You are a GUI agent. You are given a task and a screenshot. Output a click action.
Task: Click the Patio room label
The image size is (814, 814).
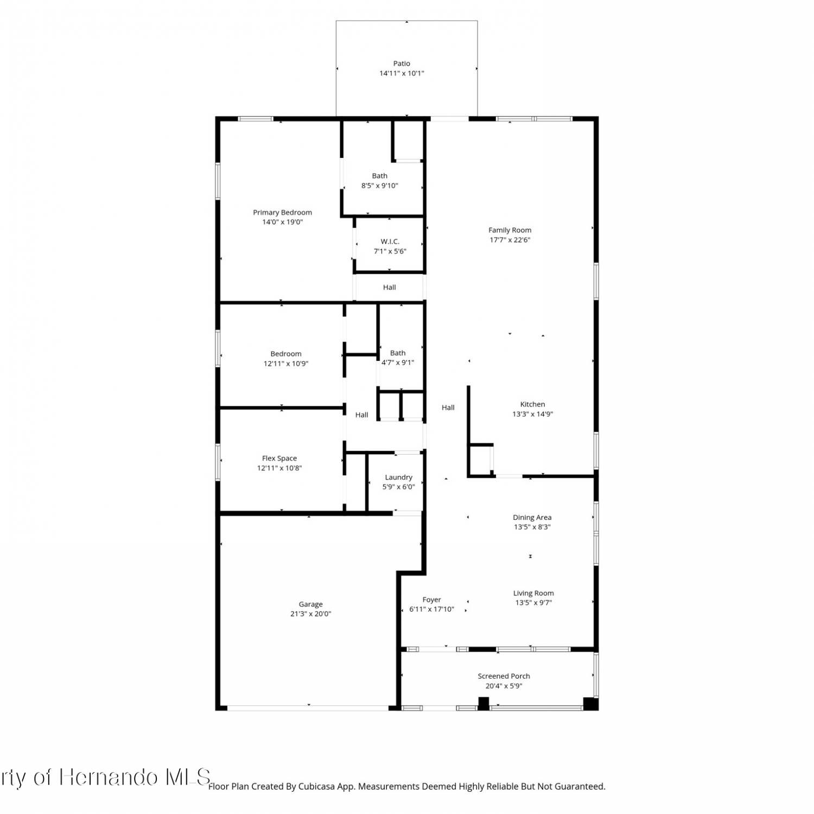tap(402, 63)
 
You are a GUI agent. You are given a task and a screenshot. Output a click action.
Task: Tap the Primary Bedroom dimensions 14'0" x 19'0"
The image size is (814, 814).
tap(282, 222)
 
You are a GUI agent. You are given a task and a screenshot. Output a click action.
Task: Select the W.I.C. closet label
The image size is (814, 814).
tap(390, 241)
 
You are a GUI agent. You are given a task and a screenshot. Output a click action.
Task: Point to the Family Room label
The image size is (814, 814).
tap(510, 230)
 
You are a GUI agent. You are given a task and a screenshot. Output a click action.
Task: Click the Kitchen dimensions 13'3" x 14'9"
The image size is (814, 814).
tap(532, 414)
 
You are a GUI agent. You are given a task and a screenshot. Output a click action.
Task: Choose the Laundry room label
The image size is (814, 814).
tap(398, 478)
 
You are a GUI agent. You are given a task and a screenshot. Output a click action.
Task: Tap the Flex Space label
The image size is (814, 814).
tap(279, 459)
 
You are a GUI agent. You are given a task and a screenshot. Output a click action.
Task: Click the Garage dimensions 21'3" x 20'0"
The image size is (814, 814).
tap(310, 614)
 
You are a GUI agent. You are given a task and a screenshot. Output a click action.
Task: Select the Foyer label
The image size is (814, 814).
tap(431, 600)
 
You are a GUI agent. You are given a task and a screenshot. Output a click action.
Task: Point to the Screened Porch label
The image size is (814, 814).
tap(504, 676)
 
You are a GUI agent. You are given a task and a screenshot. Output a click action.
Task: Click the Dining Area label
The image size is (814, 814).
tap(532, 518)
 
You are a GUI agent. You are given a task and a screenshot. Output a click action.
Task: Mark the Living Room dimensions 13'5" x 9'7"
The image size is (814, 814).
tap(533, 602)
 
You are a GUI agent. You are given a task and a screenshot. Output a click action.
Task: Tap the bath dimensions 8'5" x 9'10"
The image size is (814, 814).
tap(379, 186)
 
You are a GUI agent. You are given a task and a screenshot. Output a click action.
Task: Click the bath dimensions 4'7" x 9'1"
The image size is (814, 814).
tap(398, 363)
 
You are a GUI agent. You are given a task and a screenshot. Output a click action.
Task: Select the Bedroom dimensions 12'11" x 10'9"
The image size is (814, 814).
tap(286, 364)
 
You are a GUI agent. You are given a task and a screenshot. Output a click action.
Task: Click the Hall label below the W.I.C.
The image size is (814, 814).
tap(389, 288)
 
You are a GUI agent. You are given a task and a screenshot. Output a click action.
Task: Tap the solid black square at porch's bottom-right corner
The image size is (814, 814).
tap(590, 703)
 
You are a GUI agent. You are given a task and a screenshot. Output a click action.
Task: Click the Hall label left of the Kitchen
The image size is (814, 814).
tap(448, 408)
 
